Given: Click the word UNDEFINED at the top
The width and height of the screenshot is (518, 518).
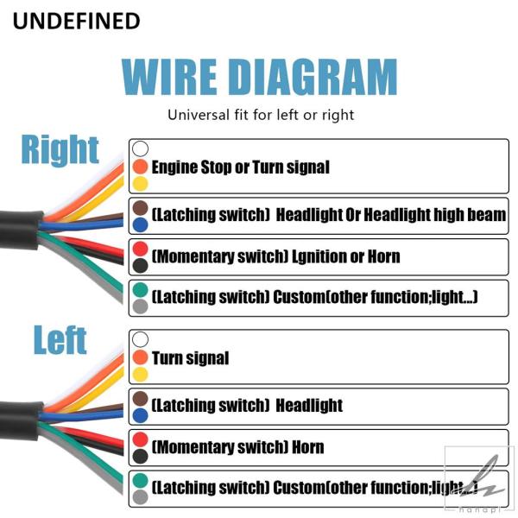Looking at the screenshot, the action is pos(76,21).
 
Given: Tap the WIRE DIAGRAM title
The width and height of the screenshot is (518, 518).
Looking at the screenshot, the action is pos(259,78).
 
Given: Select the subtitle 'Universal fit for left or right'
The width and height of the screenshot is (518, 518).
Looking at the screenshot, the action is pos(261,115).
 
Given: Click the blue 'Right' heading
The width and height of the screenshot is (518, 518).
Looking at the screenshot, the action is pos(60,150).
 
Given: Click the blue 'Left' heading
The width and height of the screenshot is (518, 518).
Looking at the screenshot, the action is pos(60,339).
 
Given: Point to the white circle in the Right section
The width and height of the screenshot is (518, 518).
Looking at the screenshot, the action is pos(140,148).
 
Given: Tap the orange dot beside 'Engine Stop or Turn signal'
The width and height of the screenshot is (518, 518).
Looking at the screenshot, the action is pos(140,167).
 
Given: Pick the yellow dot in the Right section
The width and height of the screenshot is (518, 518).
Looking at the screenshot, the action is pos(140,184).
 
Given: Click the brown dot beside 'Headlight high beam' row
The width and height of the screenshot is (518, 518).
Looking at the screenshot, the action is pos(140,208).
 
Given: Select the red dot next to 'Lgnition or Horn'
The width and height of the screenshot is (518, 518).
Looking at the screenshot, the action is pos(140,250).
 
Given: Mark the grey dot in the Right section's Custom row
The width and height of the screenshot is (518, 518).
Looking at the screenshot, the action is pos(140,306).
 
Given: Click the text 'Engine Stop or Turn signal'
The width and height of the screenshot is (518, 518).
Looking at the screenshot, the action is pos(241,167).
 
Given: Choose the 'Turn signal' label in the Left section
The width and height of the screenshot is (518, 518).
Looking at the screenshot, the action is pos(190,358).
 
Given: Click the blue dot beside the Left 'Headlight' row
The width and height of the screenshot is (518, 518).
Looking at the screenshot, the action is pos(140,416).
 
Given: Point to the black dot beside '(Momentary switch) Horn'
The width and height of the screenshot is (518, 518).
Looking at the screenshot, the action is pos(140,457).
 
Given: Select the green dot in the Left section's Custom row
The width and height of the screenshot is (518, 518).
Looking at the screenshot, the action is pos(140,480).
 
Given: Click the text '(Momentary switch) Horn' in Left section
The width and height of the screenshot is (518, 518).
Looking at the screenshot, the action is pos(237,447).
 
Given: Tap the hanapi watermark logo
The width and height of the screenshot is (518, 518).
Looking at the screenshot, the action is pos(479,480).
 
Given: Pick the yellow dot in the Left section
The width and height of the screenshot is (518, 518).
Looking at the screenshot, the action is pos(140,375).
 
